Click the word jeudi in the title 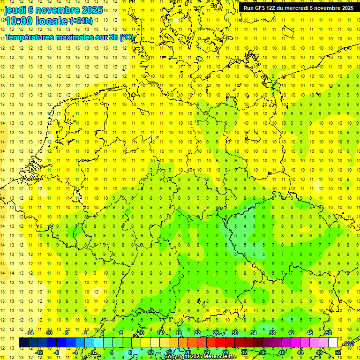coord(15,10)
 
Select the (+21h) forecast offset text coord(81,21)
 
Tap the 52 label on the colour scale coord(338,352)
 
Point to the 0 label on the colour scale coord(93,352)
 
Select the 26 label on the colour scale coord(216,333)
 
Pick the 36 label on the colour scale coord(263,352)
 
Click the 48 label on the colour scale coord(319,352)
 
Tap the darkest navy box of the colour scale coord(23,343)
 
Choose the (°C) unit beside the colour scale coord(348,343)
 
